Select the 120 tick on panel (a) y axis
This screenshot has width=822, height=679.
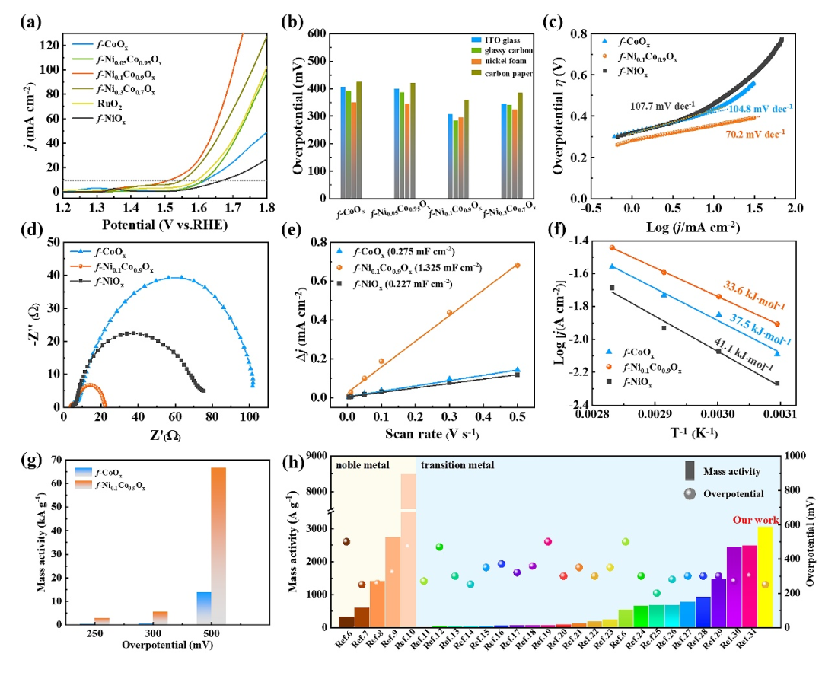[x=47, y=46]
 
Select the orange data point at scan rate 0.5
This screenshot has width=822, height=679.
[x=518, y=266]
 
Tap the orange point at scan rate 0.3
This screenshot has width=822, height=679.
[x=449, y=313]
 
